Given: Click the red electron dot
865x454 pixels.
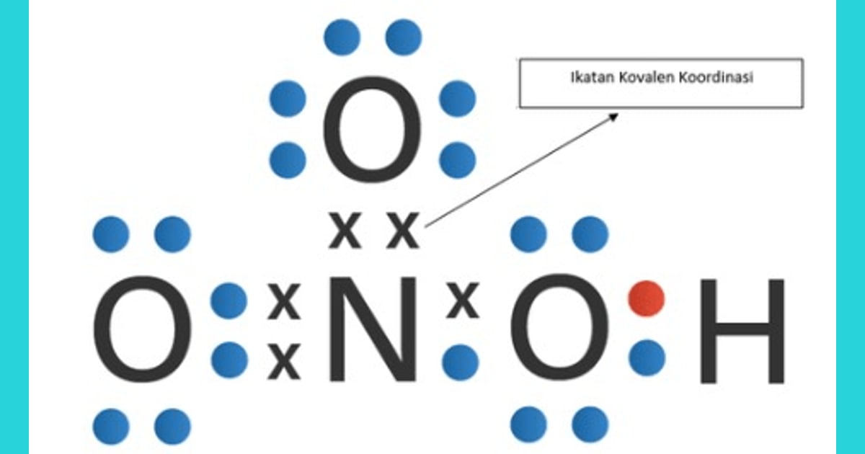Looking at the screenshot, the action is point(647,298).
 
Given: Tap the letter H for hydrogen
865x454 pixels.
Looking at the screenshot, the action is point(742,331).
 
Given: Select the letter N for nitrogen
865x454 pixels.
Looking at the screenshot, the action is point(373,329).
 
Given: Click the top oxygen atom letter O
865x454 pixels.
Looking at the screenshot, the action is point(372,129).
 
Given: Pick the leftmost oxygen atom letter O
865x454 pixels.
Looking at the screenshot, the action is point(143,329).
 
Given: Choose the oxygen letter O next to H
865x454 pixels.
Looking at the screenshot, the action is point(559,328).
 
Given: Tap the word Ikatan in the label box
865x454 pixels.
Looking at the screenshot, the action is point(593,78).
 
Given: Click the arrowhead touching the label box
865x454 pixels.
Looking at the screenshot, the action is point(614,117).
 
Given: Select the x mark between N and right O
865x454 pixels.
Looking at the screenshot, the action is point(462,301).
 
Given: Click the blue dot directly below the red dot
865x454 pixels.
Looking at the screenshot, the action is point(647,357).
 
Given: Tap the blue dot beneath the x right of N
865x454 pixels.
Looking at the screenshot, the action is point(461,362).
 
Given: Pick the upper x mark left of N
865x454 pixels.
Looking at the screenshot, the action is point(284,301).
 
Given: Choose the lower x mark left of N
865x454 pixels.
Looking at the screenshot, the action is point(284,361).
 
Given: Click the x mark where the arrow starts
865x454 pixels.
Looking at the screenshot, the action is point(403,230).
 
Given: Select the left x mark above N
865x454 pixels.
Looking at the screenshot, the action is point(345,230).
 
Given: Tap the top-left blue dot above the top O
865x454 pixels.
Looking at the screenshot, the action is point(342,37).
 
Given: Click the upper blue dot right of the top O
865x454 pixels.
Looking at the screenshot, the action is point(457,99).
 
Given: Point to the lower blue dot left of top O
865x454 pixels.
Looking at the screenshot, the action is point(288,160).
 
